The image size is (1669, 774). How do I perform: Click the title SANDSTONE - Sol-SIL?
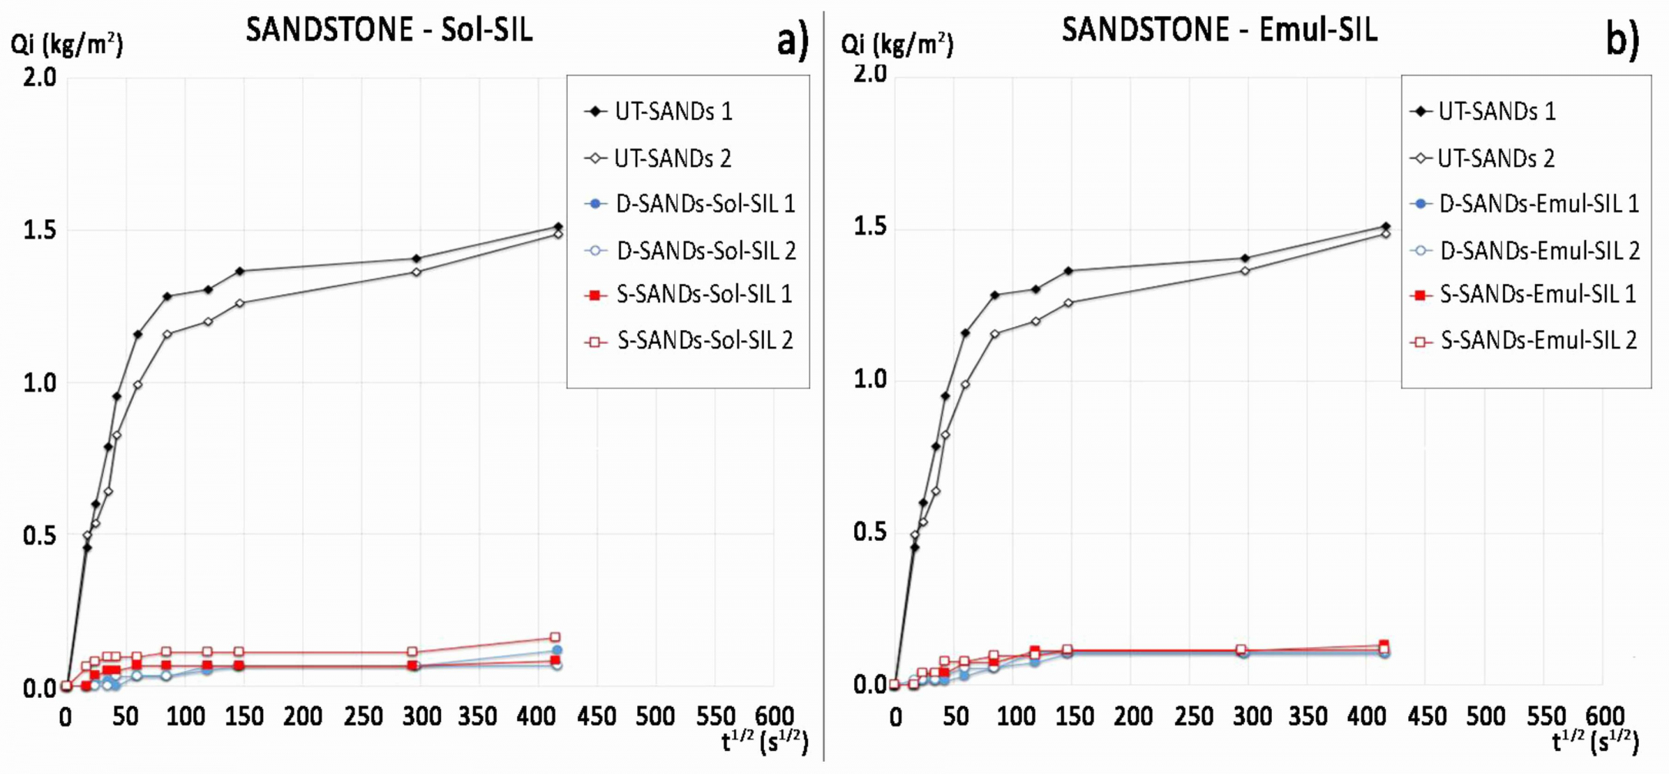pyautogui.click(x=389, y=30)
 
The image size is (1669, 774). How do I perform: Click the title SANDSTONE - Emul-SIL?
pyautogui.click(x=1219, y=30)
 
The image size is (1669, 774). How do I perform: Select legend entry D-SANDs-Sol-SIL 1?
pyautogui.click(x=705, y=204)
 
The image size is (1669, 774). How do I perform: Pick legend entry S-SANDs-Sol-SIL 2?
pyautogui.click(x=705, y=340)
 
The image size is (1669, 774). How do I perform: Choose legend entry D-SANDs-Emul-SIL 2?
pyautogui.click(x=1539, y=250)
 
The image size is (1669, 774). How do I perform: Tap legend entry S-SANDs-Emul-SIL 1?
pyautogui.click(x=1537, y=294)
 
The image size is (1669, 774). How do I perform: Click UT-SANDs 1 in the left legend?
pyautogui.click(x=673, y=112)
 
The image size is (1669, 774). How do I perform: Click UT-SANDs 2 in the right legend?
pyautogui.click(x=1496, y=158)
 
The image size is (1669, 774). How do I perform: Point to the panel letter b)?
pyautogui.click(x=1622, y=40)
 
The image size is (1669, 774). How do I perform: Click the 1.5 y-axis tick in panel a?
pyautogui.click(x=39, y=230)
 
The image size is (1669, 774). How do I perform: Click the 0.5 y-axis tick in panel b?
pyautogui.click(x=870, y=532)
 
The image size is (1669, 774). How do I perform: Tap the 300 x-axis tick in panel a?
pyautogui.click(x=422, y=717)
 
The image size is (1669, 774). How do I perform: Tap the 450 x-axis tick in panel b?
pyautogui.click(x=1427, y=717)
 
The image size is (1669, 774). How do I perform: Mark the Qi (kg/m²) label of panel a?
pyautogui.click(x=66, y=44)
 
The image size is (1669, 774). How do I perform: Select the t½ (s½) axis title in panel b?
pyautogui.click(x=1594, y=742)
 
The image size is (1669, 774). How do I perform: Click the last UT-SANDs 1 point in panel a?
pyautogui.click(x=558, y=227)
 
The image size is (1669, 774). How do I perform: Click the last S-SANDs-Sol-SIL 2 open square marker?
pyautogui.click(x=555, y=637)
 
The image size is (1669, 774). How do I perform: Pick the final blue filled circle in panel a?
pyautogui.click(x=557, y=651)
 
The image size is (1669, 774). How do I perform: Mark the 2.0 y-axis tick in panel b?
pyautogui.click(x=870, y=74)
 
